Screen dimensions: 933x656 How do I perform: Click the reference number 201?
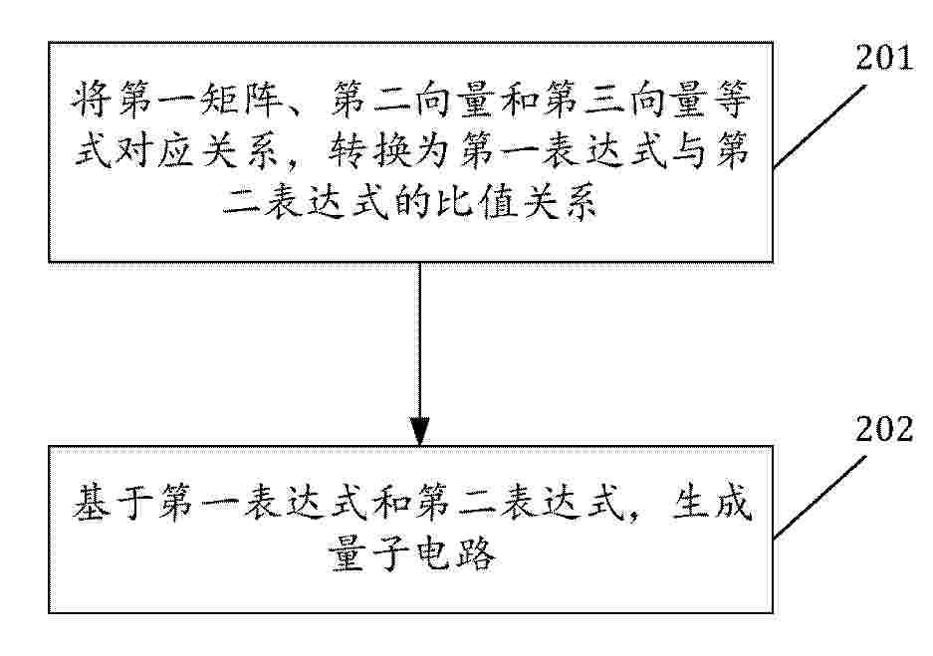pos(884,58)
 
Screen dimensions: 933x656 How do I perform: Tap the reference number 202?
pos(884,429)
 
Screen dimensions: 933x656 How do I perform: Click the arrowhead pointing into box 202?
pos(419,431)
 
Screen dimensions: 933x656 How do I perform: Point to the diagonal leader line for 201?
pos(819,126)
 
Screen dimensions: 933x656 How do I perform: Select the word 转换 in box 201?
pos(370,150)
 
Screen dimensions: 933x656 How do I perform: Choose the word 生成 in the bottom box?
pos(712,503)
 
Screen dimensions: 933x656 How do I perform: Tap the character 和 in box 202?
pos(391,503)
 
